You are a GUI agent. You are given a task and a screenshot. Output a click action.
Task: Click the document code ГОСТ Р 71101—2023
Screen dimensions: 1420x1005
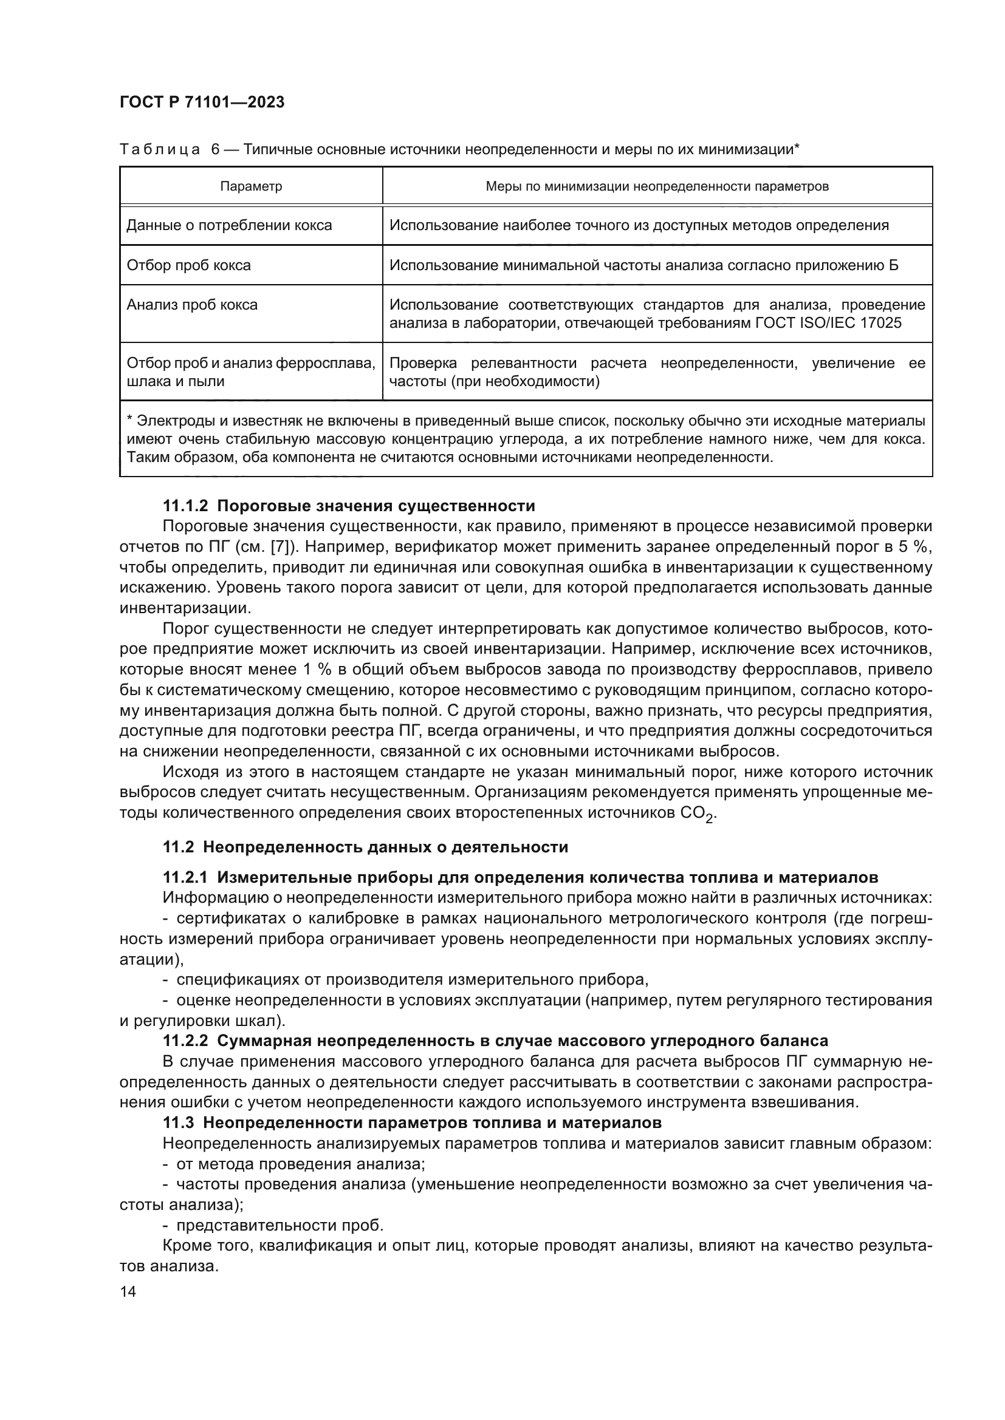click(202, 103)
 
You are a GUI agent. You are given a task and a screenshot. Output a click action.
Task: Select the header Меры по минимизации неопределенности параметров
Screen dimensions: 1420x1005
click(657, 186)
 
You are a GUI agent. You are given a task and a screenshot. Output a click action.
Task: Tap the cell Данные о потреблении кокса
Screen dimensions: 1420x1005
click(229, 225)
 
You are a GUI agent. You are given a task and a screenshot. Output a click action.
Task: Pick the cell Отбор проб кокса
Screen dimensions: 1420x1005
click(189, 265)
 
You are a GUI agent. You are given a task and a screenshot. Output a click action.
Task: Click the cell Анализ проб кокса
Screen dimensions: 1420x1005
click(192, 305)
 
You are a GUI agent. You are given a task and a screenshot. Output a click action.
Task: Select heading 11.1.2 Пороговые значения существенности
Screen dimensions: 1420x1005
click(348, 506)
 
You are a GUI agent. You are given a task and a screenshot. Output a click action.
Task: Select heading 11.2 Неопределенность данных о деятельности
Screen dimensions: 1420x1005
click(365, 847)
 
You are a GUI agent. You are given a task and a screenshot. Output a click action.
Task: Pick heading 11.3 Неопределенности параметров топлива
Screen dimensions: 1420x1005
click(411, 1123)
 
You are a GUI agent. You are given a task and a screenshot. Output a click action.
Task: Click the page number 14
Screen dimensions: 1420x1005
click(128, 1292)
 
